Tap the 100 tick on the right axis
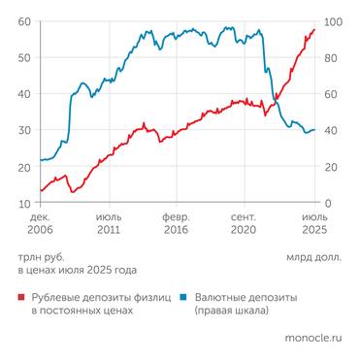[x=332, y=21]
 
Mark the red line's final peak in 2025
[x=314, y=29]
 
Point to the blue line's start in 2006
[x=40, y=160]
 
